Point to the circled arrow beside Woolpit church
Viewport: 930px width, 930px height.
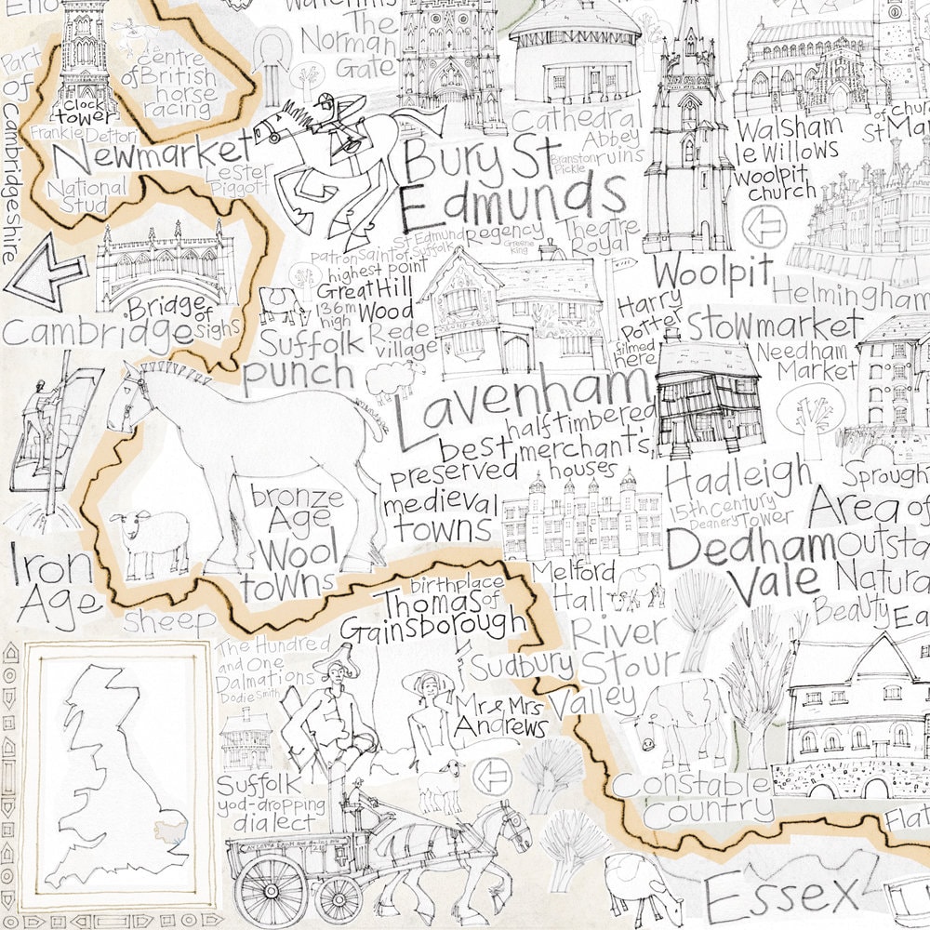[x=771, y=223]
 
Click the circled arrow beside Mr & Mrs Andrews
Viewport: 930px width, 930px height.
[x=485, y=774]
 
